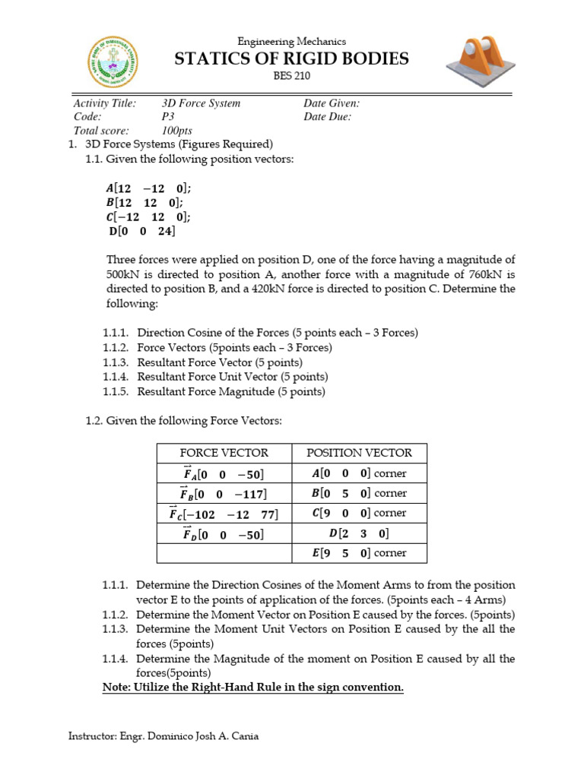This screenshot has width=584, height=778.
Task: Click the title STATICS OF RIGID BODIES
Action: (292, 59)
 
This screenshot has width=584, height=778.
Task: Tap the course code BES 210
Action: (292, 76)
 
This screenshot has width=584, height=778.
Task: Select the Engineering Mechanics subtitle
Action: (292, 42)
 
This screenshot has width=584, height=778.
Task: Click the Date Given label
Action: (332, 103)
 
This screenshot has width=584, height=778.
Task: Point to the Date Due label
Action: (327, 117)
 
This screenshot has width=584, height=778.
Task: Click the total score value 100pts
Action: (177, 131)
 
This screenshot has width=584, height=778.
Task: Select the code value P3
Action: (168, 117)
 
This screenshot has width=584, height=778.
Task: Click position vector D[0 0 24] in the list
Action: (142, 232)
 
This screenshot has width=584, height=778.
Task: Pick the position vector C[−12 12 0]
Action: (148, 217)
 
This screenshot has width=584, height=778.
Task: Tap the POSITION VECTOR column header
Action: (359, 453)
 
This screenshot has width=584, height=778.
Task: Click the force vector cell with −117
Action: (224, 494)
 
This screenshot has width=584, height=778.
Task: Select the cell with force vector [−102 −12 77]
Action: (224, 514)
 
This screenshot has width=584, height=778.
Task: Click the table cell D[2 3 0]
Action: (359, 533)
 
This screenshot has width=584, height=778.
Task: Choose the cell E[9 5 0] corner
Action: (359, 553)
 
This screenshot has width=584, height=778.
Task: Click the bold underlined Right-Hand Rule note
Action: (253, 688)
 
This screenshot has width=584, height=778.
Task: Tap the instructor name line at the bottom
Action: (163, 736)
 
